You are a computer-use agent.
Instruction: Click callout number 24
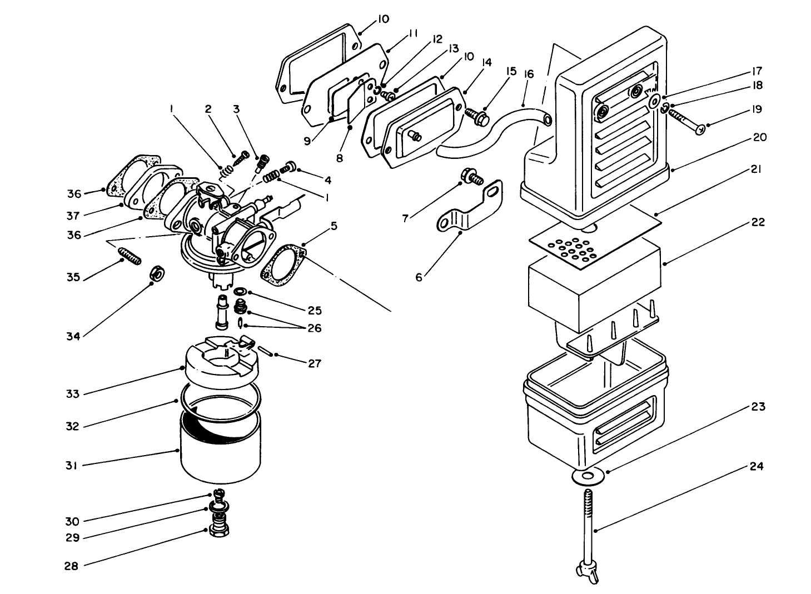[755, 466]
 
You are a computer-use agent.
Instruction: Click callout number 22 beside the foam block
[758, 222]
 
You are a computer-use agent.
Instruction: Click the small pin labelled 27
[263, 351]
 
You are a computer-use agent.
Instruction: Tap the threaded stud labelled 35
[129, 256]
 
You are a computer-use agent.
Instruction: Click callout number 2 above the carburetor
[208, 109]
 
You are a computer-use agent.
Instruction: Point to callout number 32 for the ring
[73, 426]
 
